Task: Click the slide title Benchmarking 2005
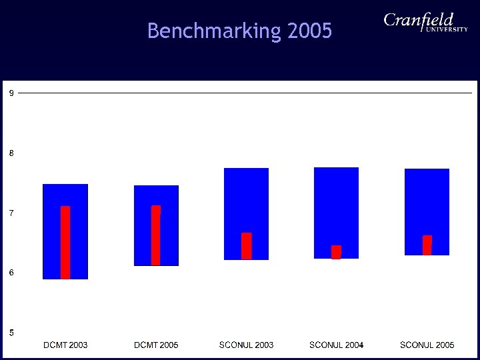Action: (x=239, y=31)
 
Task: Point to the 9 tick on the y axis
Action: (x=11, y=93)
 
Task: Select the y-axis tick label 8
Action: (x=11, y=153)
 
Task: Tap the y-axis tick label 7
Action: (x=11, y=213)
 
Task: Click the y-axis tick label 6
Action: (x=11, y=273)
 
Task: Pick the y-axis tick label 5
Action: (x=11, y=333)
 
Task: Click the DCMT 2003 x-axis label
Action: (x=65, y=345)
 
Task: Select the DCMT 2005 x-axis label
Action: (x=156, y=345)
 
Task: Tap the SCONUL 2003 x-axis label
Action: (x=246, y=345)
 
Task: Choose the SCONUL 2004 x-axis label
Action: (x=336, y=345)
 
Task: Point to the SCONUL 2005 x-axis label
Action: (x=427, y=345)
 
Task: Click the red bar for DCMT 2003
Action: (x=65, y=242)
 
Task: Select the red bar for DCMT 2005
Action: (x=156, y=235)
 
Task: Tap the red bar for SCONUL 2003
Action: (x=246, y=245)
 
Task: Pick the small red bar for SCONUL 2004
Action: (x=336, y=252)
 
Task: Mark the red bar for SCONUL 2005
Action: (x=427, y=245)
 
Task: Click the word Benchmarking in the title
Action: (x=213, y=31)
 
